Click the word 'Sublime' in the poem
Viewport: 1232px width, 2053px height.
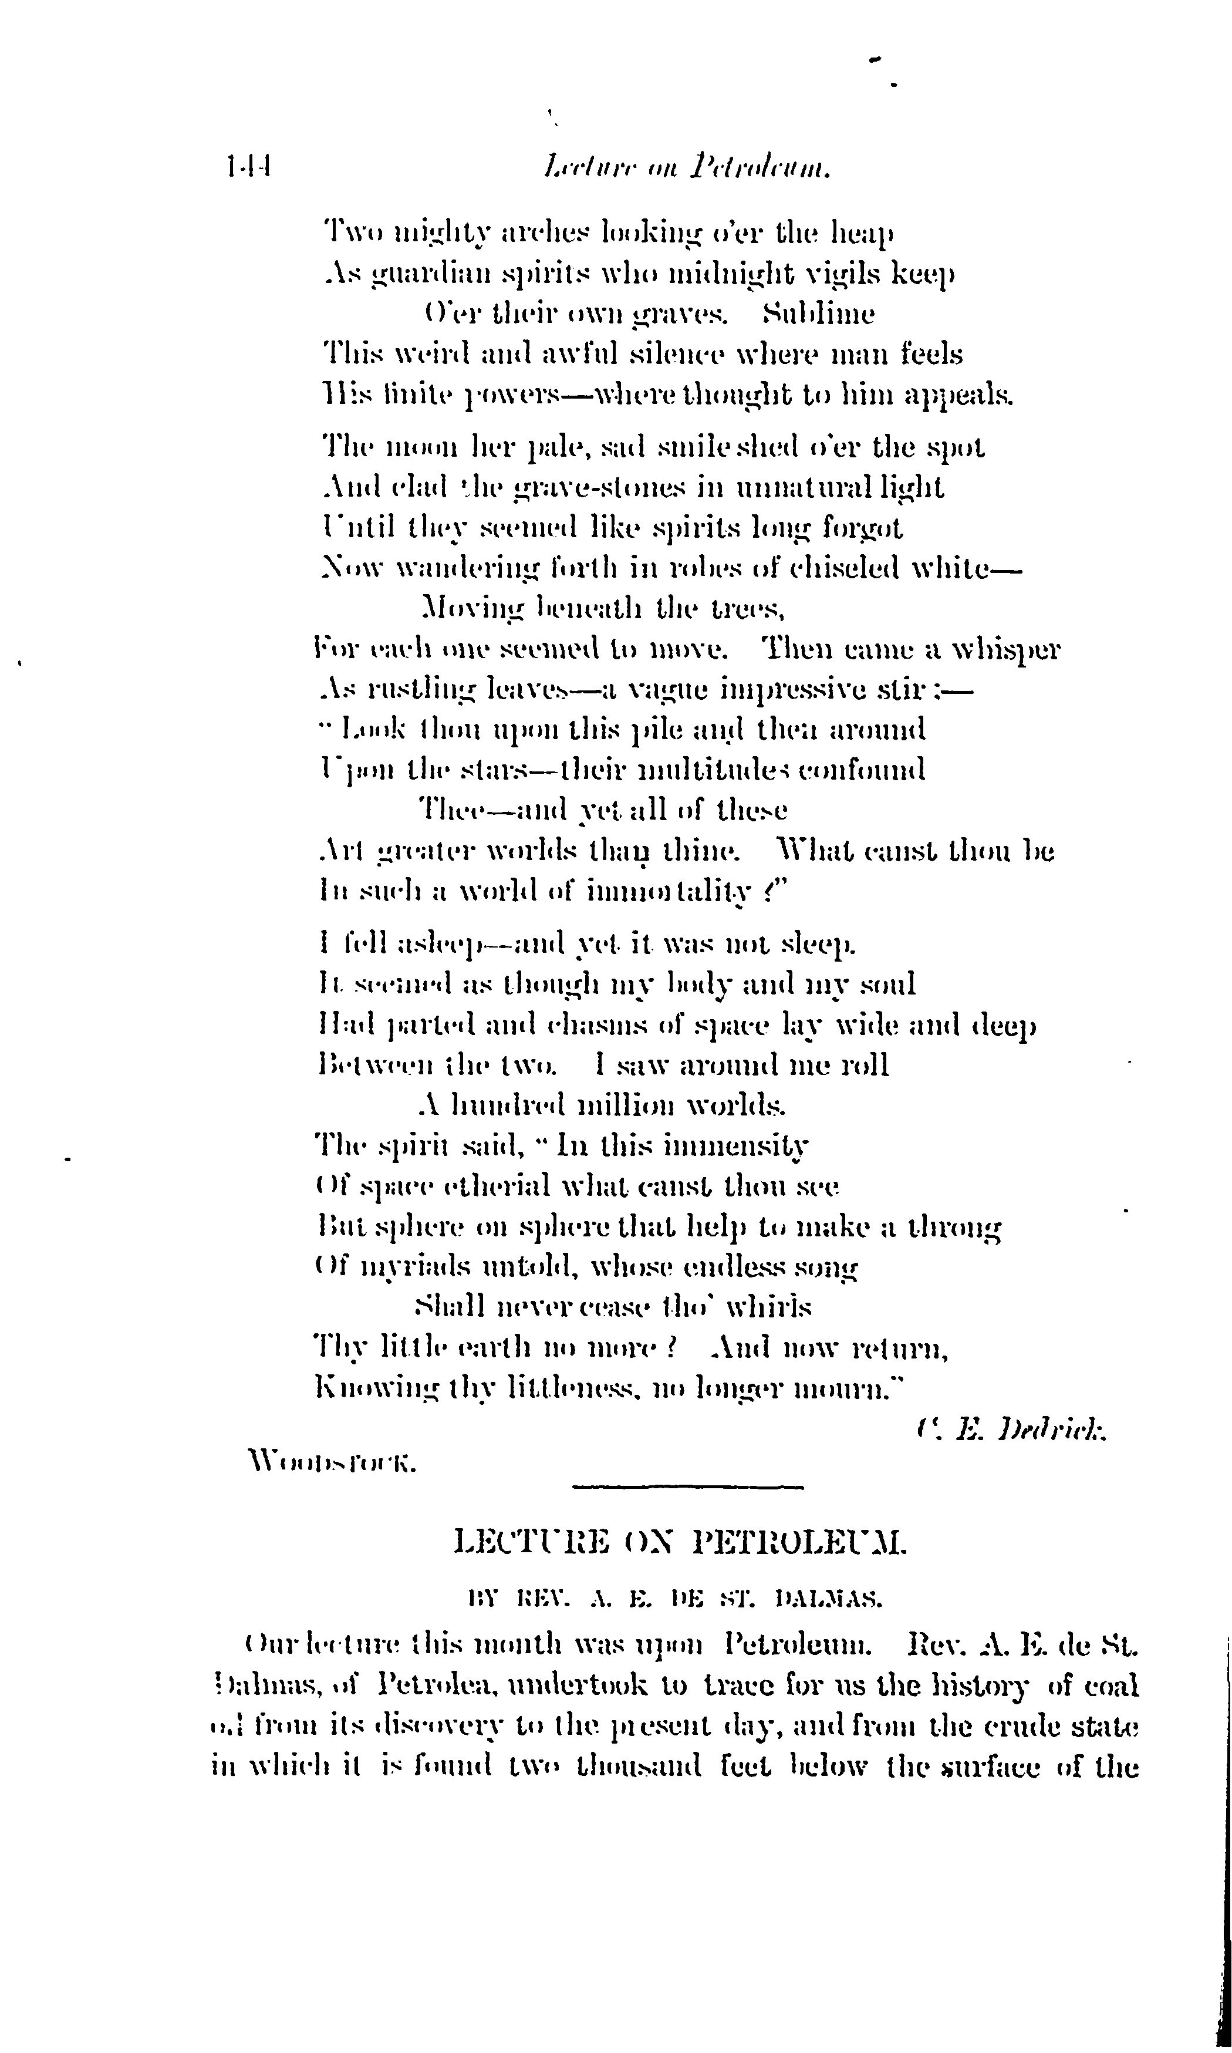pyautogui.click(x=818, y=315)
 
